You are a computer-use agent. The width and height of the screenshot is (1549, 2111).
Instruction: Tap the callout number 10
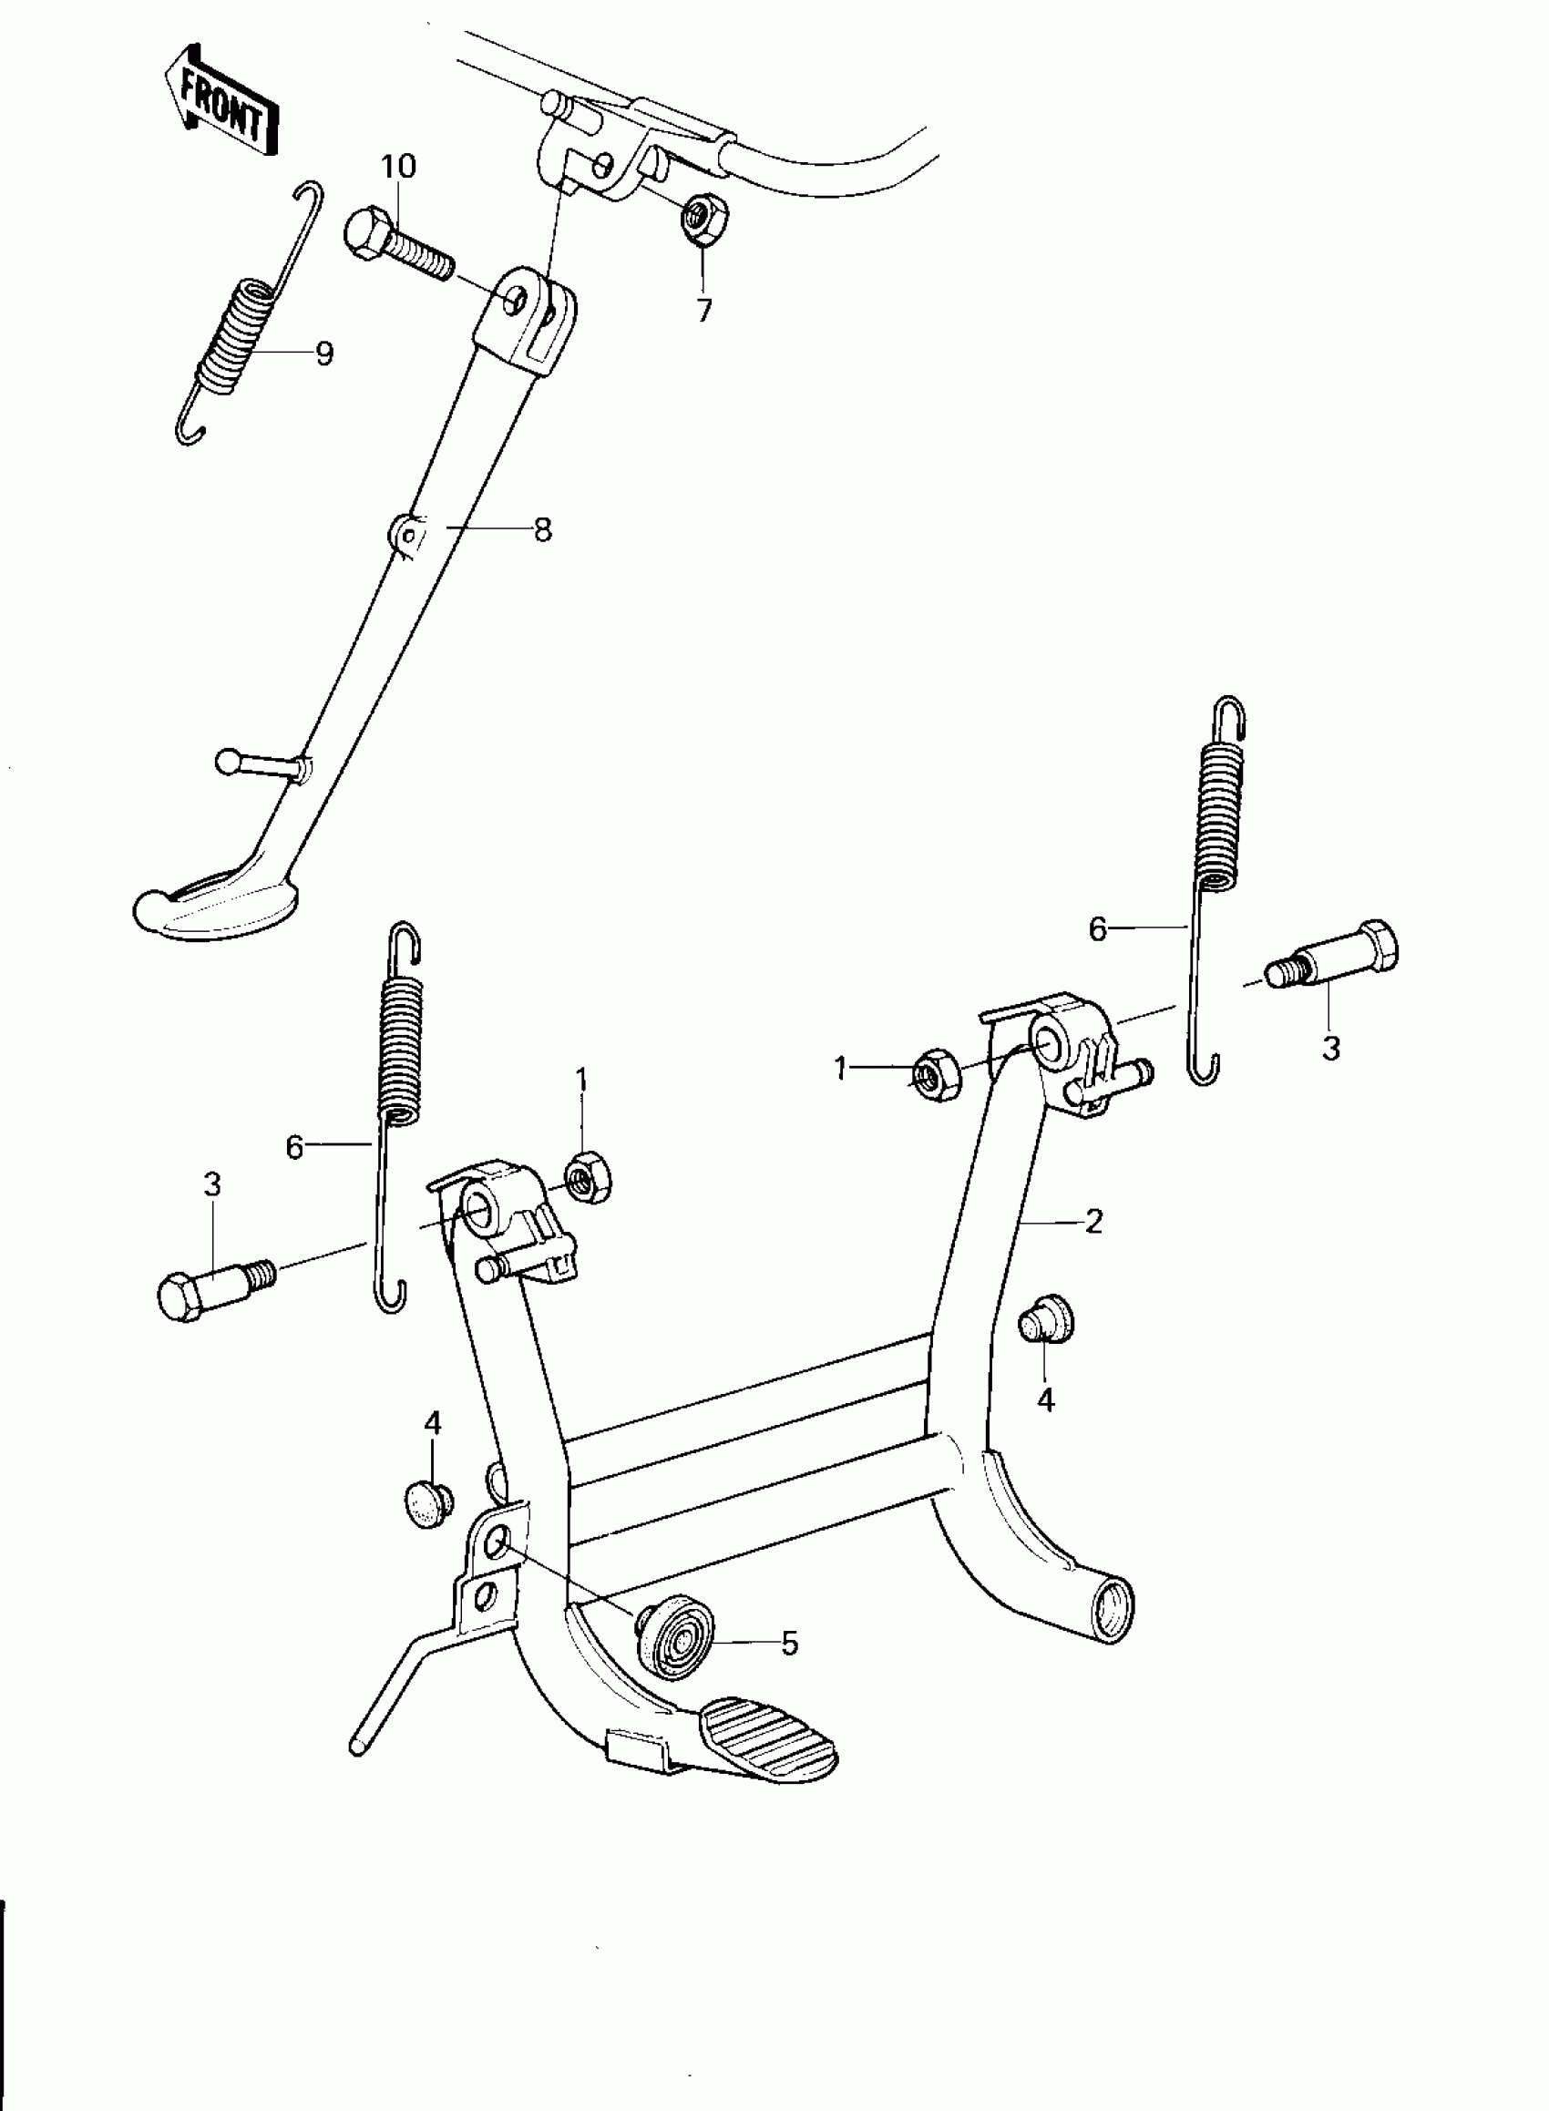[x=397, y=167]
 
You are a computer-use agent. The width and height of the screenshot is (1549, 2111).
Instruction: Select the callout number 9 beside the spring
[x=323, y=354]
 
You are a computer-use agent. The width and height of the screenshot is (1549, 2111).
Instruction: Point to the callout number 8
[x=542, y=529]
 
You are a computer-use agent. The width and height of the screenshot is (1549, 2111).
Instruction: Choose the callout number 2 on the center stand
[x=1093, y=1221]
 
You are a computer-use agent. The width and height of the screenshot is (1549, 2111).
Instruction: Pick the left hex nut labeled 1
[x=587, y=1179]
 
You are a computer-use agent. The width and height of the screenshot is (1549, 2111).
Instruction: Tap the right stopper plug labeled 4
[x=1044, y=1322]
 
